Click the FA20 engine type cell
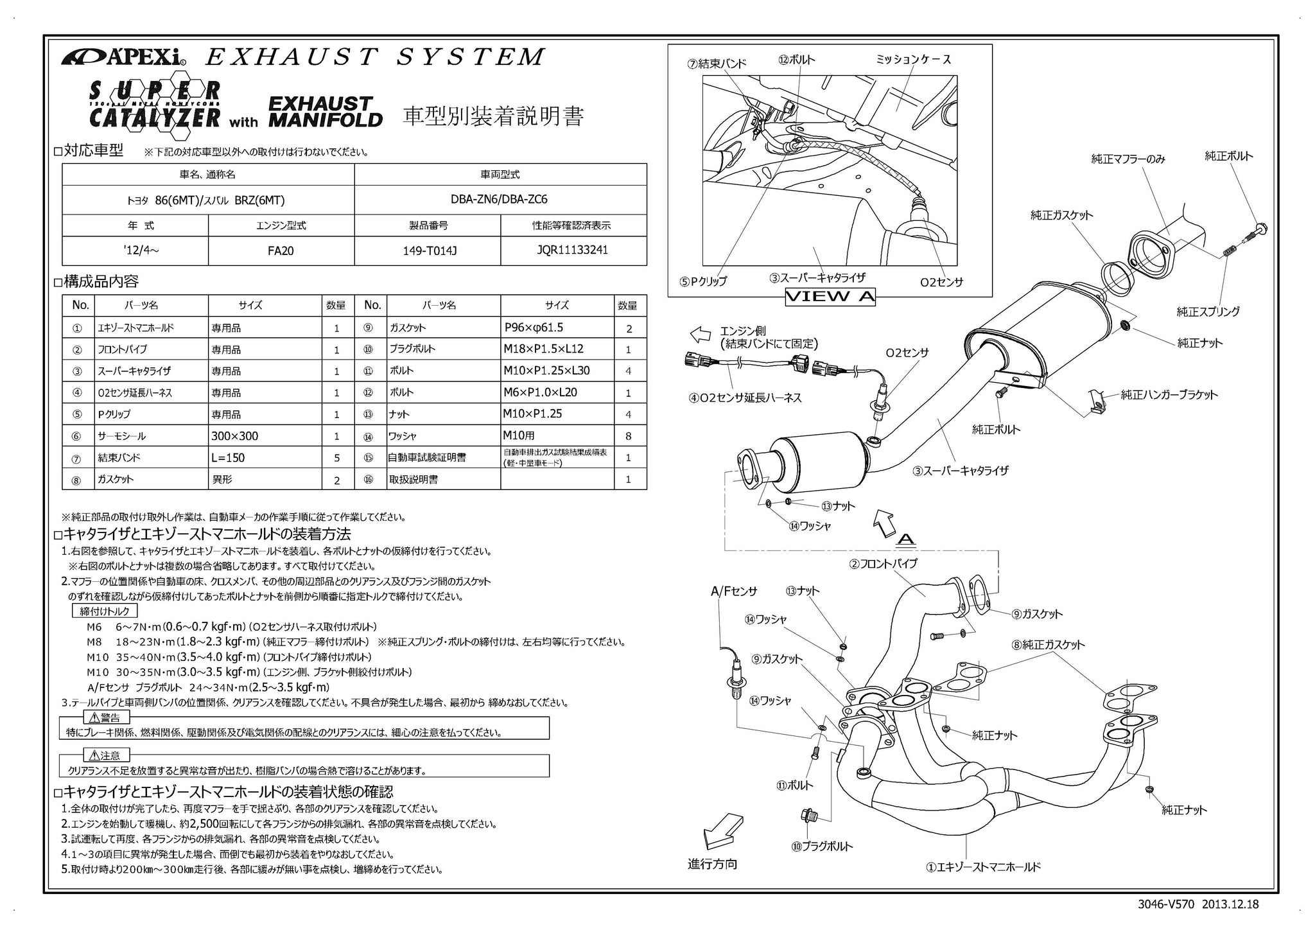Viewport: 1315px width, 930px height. point(281,250)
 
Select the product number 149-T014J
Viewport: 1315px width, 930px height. point(427,250)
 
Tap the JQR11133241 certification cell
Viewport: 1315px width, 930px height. point(573,250)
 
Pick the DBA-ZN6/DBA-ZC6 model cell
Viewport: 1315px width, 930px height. point(499,200)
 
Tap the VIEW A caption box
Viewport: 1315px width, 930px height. point(830,296)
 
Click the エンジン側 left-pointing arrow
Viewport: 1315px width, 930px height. point(699,335)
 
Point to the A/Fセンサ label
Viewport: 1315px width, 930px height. point(734,592)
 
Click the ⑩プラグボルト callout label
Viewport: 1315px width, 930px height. point(822,847)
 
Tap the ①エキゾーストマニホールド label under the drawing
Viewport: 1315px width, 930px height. point(982,867)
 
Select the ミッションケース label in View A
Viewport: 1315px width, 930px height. point(913,60)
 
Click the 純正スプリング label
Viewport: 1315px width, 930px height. point(1208,312)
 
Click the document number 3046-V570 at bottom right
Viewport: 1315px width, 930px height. point(1165,904)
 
